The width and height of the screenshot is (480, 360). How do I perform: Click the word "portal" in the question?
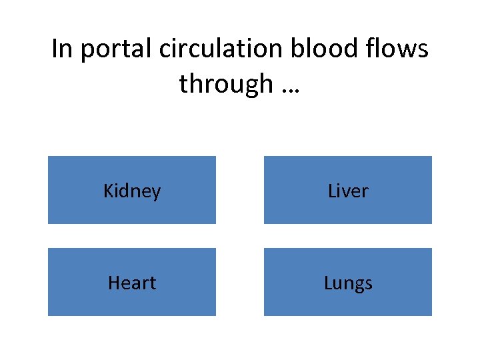(x=113, y=49)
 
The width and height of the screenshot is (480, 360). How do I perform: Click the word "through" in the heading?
(x=226, y=84)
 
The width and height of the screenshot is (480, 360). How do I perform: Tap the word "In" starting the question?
(x=61, y=49)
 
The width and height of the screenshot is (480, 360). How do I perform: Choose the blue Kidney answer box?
(x=132, y=190)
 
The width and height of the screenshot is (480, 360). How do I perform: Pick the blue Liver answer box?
(x=348, y=190)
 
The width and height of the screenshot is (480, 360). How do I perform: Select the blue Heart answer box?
(x=132, y=282)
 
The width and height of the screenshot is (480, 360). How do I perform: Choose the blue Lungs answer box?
(x=348, y=282)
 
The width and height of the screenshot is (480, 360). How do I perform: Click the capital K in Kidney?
(x=109, y=191)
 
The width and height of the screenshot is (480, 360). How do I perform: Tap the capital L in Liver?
(x=332, y=191)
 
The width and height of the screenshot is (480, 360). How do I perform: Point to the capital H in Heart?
(x=113, y=283)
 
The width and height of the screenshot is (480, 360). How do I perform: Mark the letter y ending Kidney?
(x=157, y=194)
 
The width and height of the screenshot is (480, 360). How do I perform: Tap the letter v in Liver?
(x=344, y=193)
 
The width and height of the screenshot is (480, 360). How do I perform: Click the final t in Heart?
(x=153, y=283)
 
